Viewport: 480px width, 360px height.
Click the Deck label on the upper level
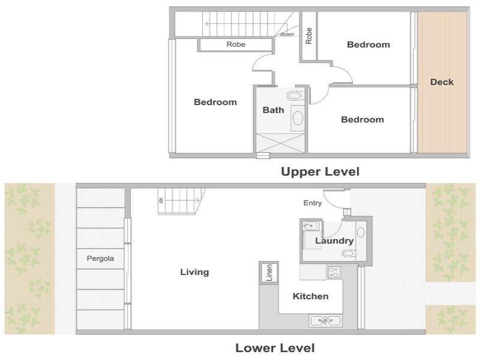[442, 82]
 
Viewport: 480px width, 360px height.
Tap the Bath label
[273, 110]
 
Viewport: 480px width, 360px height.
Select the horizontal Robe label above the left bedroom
[236, 44]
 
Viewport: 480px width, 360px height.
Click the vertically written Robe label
[308, 36]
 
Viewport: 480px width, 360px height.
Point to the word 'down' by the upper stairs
[287, 34]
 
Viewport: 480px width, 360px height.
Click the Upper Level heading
[320, 172]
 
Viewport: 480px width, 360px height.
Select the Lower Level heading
[275, 348]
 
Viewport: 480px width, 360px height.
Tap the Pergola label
[100, 259]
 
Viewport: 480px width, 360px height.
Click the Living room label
[194, 272]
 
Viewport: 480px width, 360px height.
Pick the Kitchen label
[310, 296]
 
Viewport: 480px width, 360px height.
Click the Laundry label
[334, 241]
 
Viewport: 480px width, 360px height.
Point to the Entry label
[312, 203]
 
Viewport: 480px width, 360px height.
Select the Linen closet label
[269, 272]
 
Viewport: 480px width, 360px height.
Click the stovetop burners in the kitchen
[334, 272]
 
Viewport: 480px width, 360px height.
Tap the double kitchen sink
[325, 321]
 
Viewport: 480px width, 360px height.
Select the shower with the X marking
[280, 143]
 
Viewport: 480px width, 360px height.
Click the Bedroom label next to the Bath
[215, 102]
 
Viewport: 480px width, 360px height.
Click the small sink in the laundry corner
[310, 226]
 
